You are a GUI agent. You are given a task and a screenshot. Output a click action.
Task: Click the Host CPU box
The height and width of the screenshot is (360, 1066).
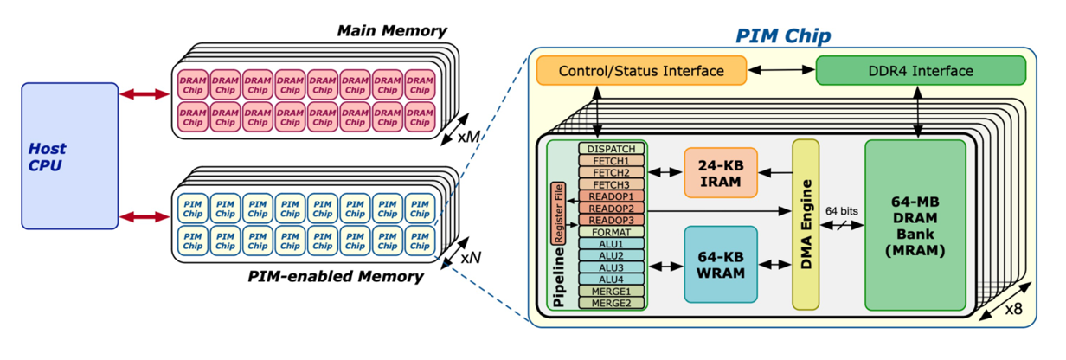coord(69,156)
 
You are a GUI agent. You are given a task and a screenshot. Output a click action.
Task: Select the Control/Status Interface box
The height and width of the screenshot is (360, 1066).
coord(641,71)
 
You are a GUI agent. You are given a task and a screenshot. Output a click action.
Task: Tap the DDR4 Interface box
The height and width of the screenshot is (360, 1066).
coord(920,71)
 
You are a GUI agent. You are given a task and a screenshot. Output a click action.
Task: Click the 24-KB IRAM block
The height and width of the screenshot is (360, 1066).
coord(720,172)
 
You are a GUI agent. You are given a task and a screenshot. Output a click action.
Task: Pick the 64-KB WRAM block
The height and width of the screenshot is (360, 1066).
coord(720,264)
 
